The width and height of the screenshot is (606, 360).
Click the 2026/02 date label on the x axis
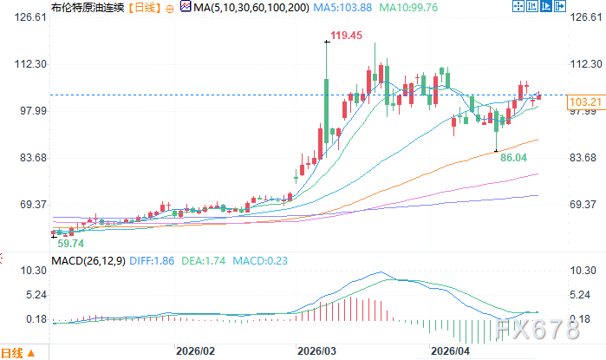tap(194, 352)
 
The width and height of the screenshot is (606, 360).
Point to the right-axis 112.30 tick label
tap(586, 64)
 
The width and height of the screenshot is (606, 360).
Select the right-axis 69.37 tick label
tap(586, 205)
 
